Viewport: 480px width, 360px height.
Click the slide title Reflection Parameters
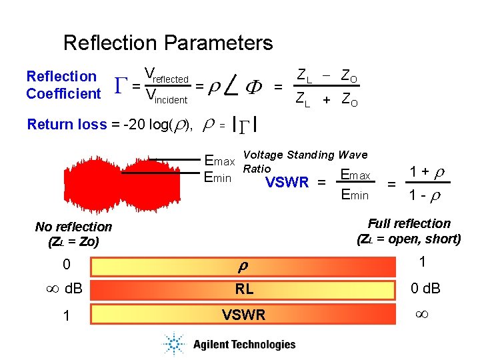[x=168, y=43]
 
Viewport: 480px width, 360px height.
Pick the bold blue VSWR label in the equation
[x=287, y=183]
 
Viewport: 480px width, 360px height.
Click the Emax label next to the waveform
[x=219, y=161]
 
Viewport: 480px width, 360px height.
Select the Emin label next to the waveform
[x=217, y=177]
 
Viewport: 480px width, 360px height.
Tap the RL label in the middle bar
[x=243, y=289]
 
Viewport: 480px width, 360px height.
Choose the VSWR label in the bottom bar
[x=243, y=315]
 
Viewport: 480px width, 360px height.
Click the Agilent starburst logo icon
[x=175, y=344]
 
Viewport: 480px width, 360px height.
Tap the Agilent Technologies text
[x=244, y=345]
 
